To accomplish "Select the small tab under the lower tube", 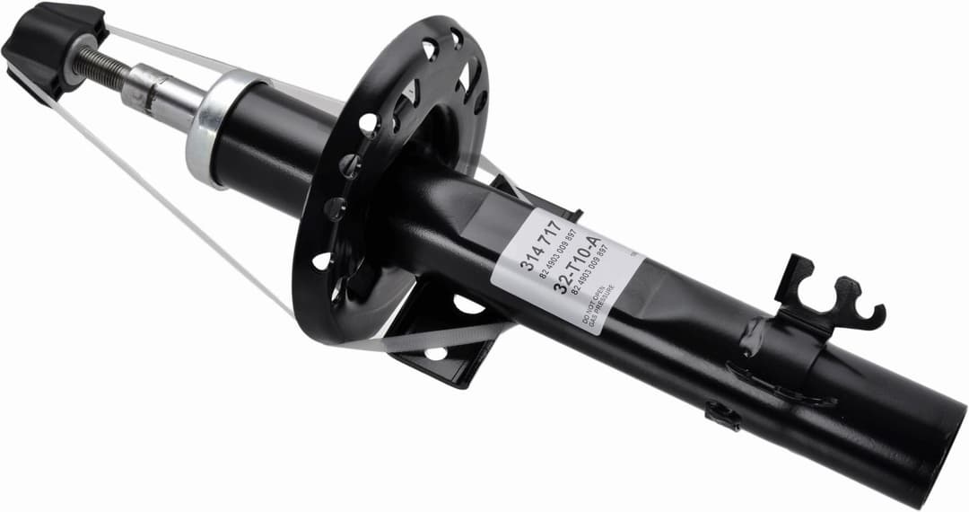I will coord(723,414).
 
